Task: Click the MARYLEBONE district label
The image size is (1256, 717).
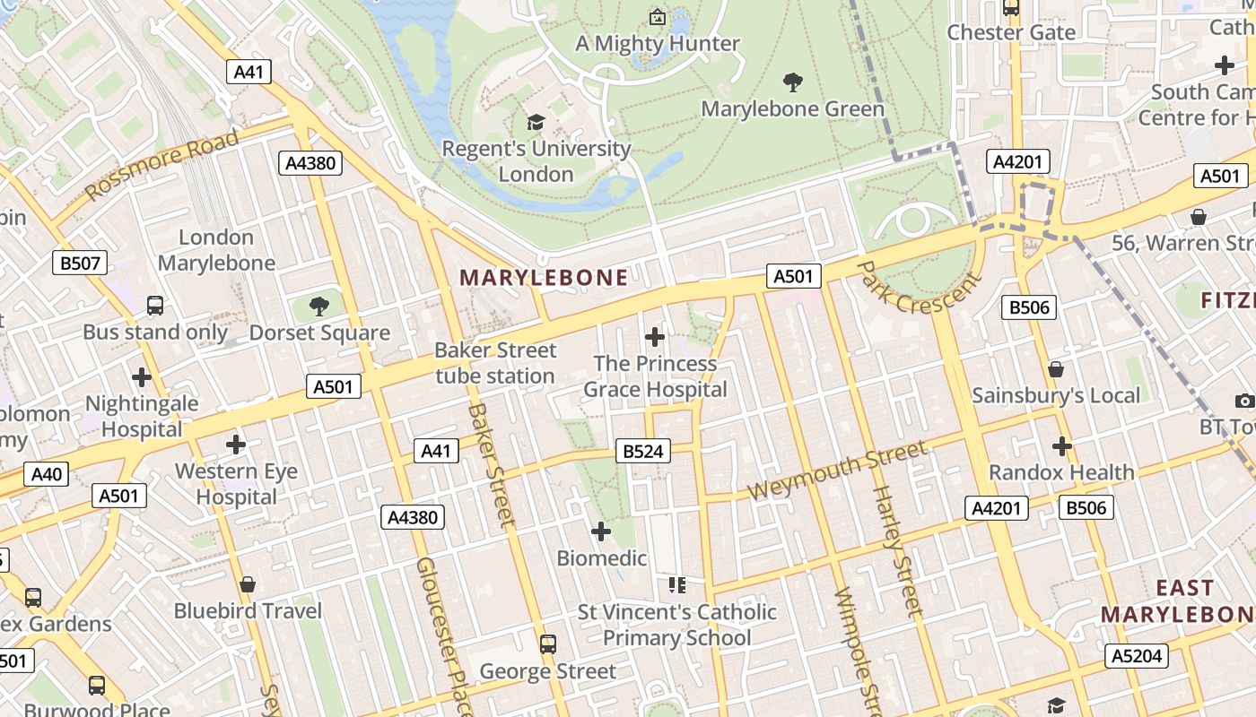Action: pyautogui.click(x=544, y=278)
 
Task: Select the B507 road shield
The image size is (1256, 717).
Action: pyautogui.click(x=80, y=263)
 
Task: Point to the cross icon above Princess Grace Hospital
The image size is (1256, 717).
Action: pyautogui.click(x=655, y=337)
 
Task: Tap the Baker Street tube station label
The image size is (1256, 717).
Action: pyautogui.click(x=495, y=363)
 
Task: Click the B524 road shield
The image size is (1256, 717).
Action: pyautogui.click(x=643, y=452)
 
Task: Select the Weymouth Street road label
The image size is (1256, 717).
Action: pyautogui.click(x=836, y=471)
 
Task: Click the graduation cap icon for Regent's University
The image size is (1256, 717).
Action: pyautogui.click(x=536, y=122)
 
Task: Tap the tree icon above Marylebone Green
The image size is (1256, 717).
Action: pyautogui.click(x=792, y=82)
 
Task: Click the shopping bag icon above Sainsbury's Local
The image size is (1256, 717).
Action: pyautogui.click(x=1056, y=369)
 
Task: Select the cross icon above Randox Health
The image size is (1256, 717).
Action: pyautogui.click(x=1062, y=445)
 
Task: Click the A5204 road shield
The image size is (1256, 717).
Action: pyautogui.click(x=1136, y=656)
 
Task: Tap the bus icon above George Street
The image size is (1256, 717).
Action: pyautogui.click(x=547, y=644)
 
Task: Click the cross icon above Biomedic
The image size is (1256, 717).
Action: pyautogui.click(x=601, y=532)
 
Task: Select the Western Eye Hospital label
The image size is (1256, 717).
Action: pyautogui.click(x=237, y=484)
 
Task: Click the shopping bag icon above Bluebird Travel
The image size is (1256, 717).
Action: pyautogui.click(x=248, y=584)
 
